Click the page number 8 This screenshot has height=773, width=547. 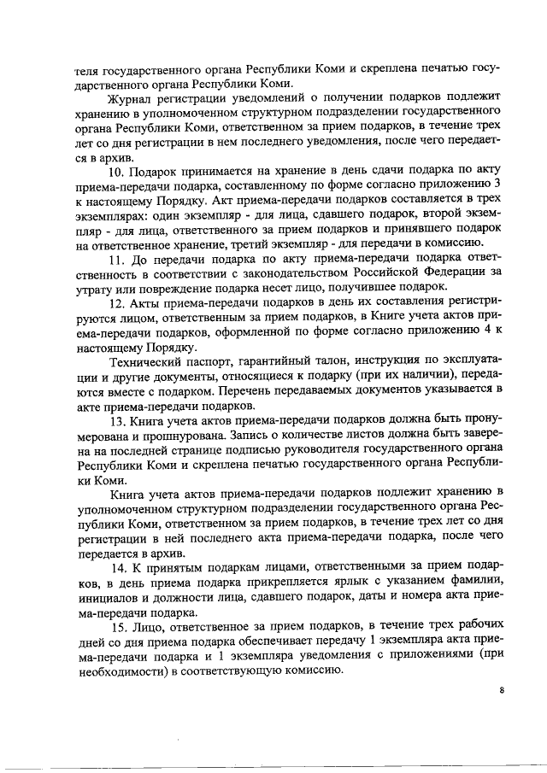pos(503,690)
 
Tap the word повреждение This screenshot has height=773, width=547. pos(158,287)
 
